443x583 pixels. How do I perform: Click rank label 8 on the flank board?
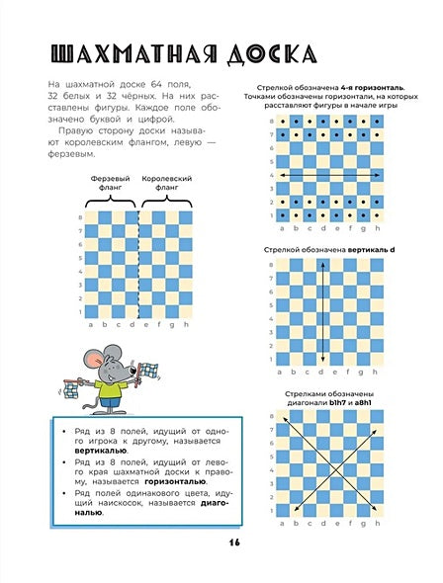tap(79, 217)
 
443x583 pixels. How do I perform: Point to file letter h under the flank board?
tap(185, 323)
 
